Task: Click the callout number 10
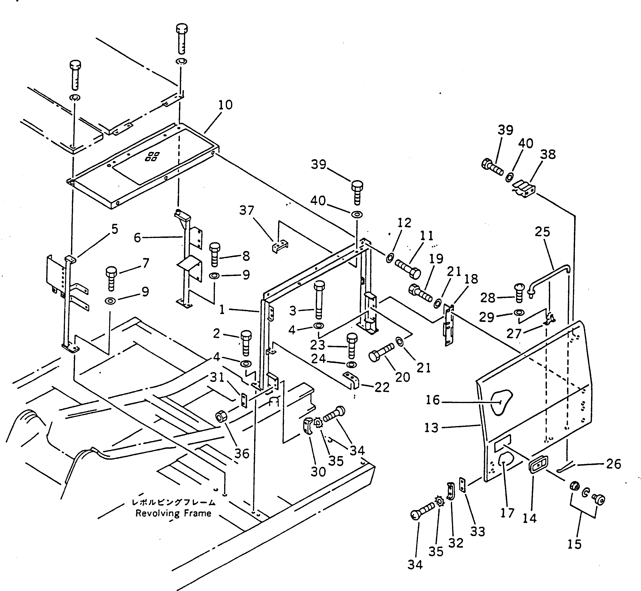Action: click(225, 105)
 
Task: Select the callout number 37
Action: click(247, 210)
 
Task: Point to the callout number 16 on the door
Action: click(433, 400)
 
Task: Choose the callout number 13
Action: click(431, 428)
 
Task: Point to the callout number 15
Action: click(574, 544)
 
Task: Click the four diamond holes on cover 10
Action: click(153, 156)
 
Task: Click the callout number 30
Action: click(318, 472)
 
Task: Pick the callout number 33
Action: click(478, 531)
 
